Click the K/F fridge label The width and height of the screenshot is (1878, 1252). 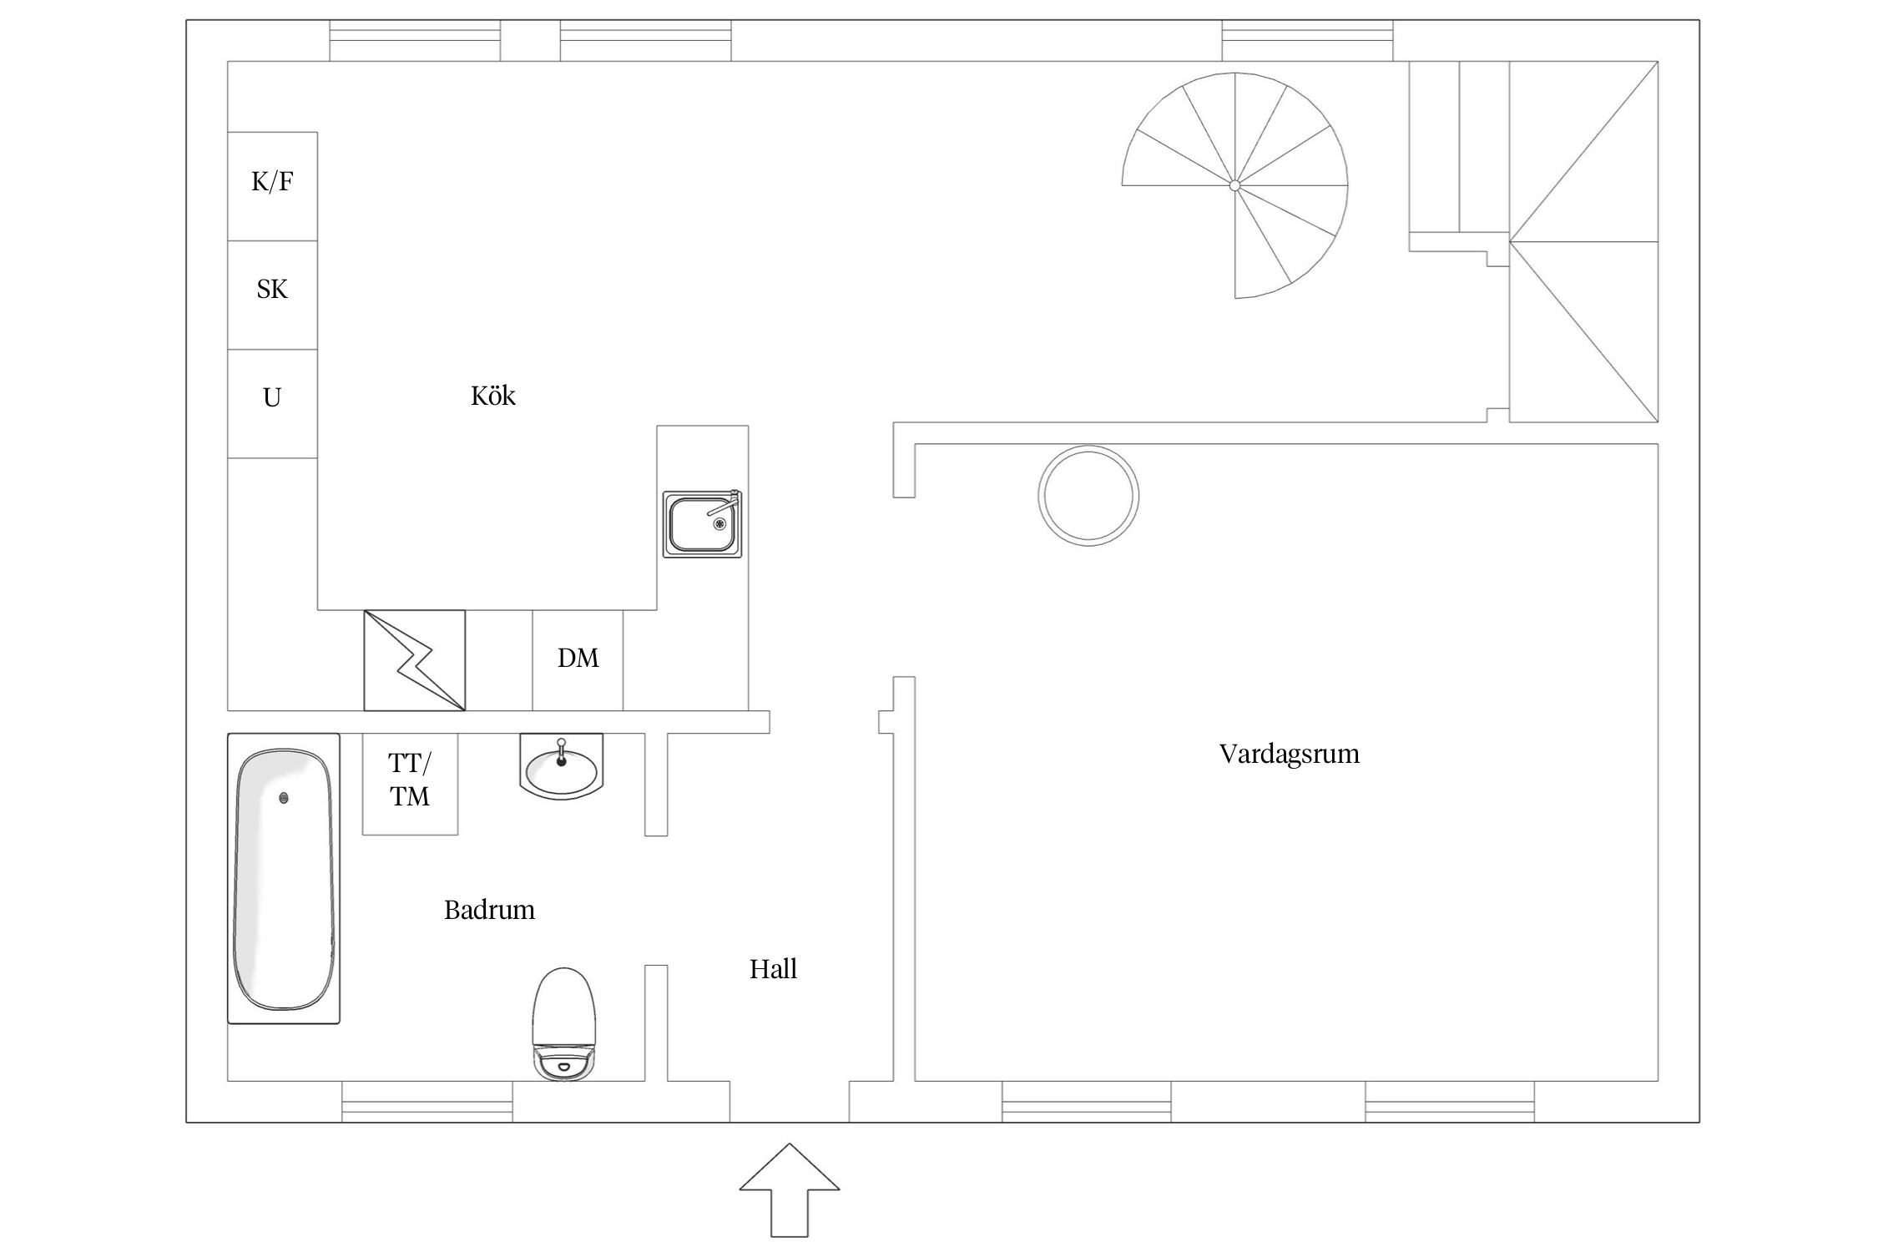coord(272,182)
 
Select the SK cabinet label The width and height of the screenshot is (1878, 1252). coord(272,290)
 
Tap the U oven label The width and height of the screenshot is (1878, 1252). coord(272,398)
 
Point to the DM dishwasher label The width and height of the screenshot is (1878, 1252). coord(578,659)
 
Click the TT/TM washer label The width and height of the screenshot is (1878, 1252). coord(410,780)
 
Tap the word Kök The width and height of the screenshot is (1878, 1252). coord(493,396)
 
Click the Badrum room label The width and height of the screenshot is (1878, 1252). coord(489,910)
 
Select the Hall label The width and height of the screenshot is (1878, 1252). coord(773,969)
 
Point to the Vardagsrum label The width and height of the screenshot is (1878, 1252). coord(1290,755)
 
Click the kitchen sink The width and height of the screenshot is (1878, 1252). coord(702,524)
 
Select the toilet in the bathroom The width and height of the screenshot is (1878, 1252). coord(564,1024)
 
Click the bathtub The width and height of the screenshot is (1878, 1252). coord(284,878)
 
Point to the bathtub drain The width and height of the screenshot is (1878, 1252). coord(285,798)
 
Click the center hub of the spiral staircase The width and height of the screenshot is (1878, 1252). coord(1234,185)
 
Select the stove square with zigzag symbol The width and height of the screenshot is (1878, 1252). coord(415,661)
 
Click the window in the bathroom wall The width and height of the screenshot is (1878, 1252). coord(427,1102)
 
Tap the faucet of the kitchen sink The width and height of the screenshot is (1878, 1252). coord(724,504)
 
